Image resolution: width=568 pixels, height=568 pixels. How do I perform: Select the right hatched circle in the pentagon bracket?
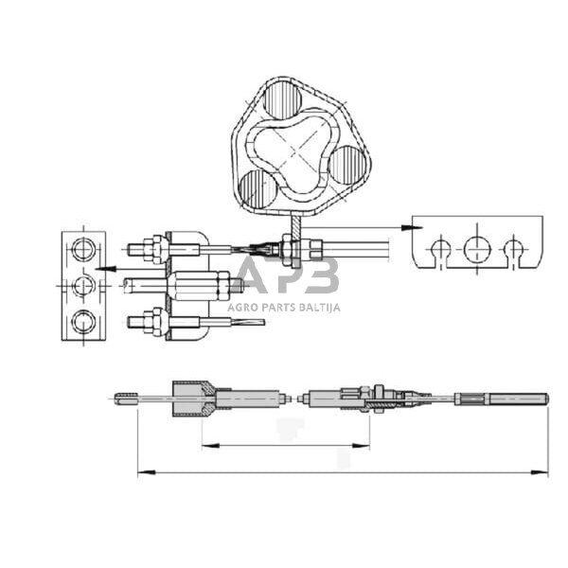348,165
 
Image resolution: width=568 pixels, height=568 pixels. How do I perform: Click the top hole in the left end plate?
82,251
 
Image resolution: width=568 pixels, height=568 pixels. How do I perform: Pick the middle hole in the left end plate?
82,285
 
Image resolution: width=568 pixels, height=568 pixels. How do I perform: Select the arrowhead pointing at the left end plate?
101,268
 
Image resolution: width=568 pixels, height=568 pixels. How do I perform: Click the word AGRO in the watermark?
241,307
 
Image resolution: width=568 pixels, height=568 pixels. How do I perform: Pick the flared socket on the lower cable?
195,399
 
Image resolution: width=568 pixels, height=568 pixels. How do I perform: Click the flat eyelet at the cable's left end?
127,399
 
